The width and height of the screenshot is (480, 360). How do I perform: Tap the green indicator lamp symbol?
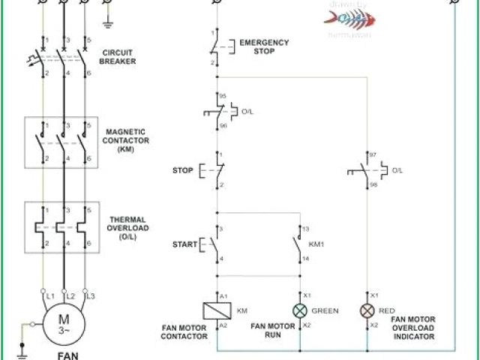tap(301, 311)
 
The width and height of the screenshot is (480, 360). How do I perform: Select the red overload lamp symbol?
tap(367, 311)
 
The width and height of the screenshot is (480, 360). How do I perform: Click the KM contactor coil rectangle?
tap(217, 310)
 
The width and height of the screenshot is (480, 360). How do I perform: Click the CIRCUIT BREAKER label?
tap(118, 57)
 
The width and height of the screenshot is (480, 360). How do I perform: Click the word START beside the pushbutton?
tap(184, 244)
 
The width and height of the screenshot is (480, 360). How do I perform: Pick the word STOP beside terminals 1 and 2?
tap(183, 170)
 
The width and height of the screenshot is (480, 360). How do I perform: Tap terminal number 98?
tap(374, 184)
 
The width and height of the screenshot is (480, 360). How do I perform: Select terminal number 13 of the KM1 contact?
tap(306, 228)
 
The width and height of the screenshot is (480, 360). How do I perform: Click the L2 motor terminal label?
tap(71, 297)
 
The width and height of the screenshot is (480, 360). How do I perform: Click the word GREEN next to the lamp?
tap(325, 310)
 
